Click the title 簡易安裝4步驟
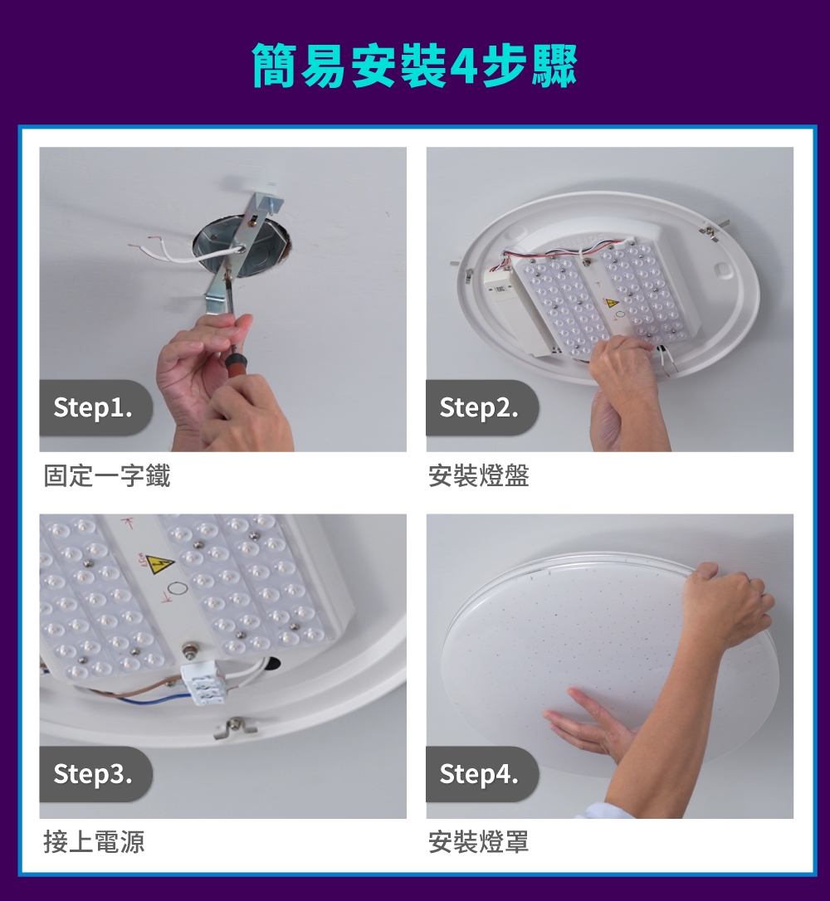414,66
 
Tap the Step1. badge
92,407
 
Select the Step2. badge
479,407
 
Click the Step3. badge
92,774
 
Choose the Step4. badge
479,774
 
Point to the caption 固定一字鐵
107,476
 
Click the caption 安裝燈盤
479,476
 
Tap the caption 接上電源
95,842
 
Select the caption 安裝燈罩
479,842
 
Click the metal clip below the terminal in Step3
235,727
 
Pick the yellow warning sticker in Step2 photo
611,303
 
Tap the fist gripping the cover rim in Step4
730,601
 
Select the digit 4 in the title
461,66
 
